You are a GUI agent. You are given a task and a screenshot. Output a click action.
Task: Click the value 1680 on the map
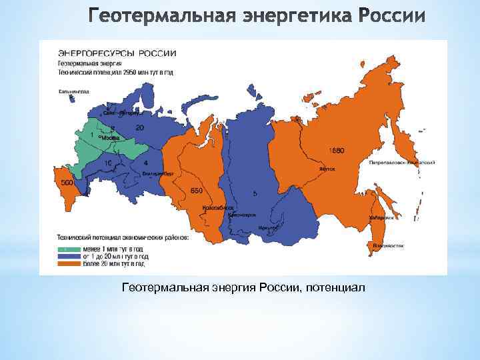point(337,151)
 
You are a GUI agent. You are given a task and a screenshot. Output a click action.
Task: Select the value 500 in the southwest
point(67,183)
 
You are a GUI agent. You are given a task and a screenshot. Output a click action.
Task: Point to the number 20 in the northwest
point(139,127)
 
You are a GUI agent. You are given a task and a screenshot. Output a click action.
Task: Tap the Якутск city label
point(326,169)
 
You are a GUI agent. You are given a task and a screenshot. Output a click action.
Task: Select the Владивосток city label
point(388,245)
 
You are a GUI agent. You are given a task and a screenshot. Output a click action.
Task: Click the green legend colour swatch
point(66,247)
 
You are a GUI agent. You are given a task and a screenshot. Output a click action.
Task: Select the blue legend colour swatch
point(66,255)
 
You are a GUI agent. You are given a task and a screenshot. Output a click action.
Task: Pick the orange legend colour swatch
point(66,263)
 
